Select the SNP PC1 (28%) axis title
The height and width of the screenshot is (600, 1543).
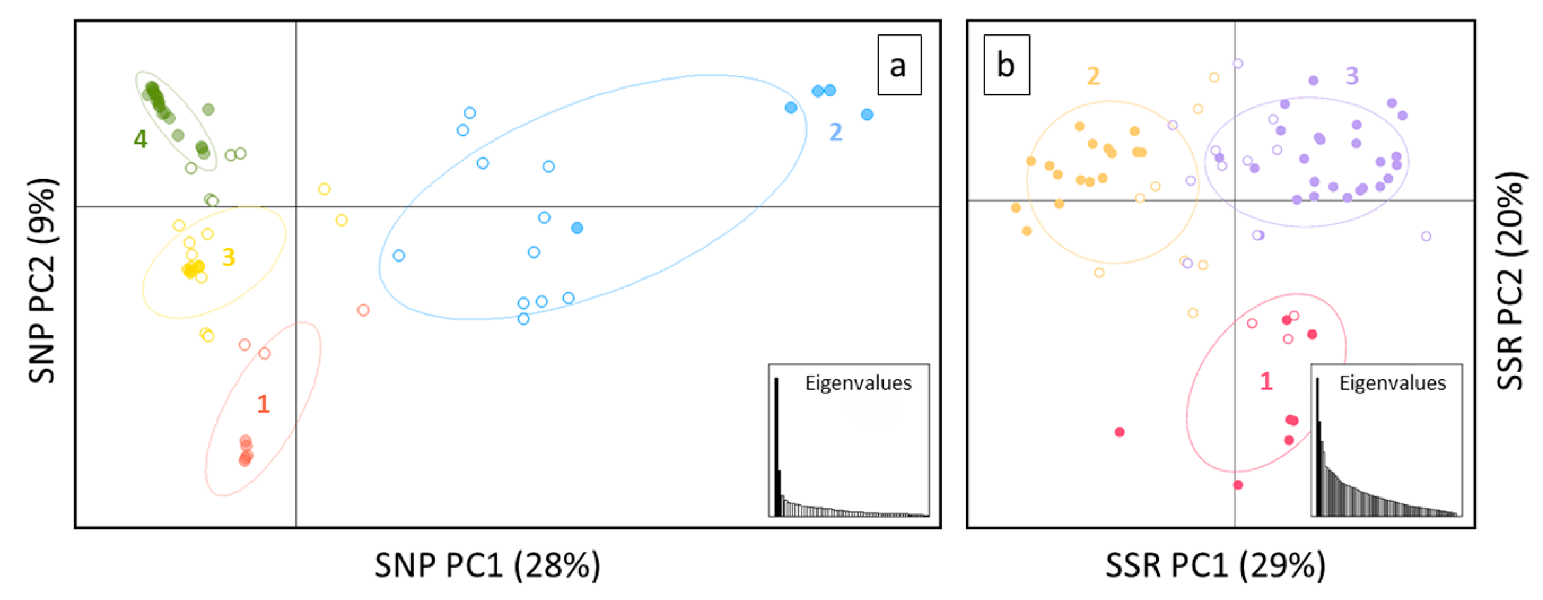487,565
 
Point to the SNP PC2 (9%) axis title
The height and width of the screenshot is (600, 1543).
42,281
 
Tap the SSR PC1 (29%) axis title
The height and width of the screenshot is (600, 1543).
1215,565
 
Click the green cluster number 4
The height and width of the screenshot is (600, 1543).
140,139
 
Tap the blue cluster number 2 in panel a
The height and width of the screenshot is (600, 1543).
835,132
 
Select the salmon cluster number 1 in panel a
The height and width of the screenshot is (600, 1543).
263,404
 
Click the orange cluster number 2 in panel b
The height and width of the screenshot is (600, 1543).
1093,76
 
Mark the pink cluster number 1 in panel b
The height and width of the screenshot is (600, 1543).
1265,381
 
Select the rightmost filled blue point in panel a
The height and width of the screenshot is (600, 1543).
867,114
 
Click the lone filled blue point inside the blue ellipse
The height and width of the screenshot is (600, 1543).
577,228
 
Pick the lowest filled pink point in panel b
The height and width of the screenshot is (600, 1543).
1238,484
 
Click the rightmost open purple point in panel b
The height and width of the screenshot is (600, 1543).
1426,236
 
